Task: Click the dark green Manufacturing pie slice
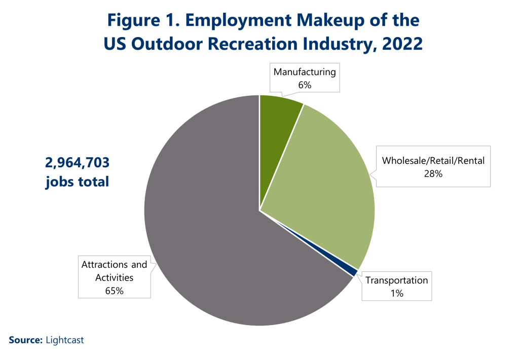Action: pos(277,127)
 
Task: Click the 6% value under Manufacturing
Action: pos(305,85)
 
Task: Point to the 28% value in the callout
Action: pos(433,174)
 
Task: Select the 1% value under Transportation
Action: pos(397,293)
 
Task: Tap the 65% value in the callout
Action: pos(114,291)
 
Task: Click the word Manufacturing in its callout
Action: pos(305,72)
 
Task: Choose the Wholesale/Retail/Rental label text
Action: pos(433,161)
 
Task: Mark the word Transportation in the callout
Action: pos(397,280)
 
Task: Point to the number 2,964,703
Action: pos(77,163)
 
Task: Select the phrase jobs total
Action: pos(77,182)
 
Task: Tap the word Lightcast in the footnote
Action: pos(65,340)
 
